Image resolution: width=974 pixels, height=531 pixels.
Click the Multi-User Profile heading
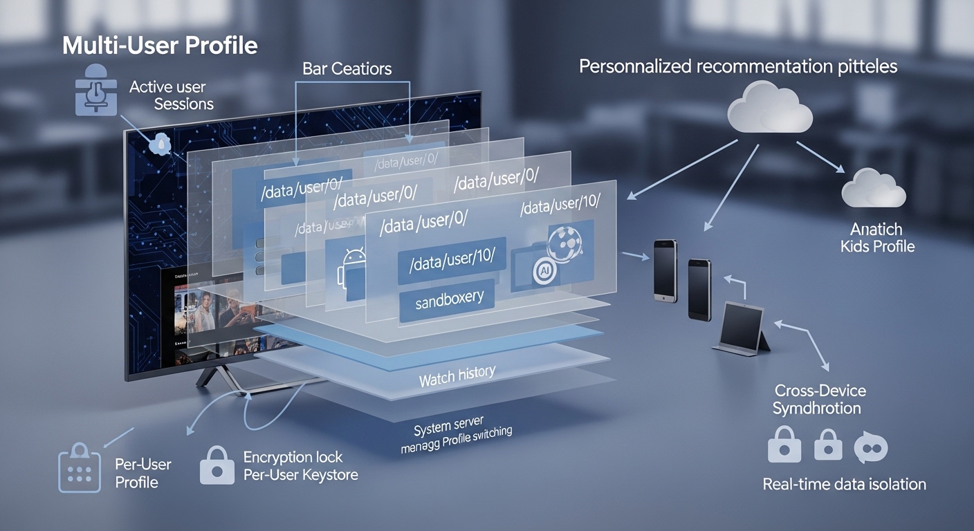(x=160, y=46)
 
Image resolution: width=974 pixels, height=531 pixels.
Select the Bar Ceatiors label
(x=347, y=68)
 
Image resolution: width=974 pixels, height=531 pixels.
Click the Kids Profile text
(x=877, y=246)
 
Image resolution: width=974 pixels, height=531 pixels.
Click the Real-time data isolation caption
(x=844, y=483)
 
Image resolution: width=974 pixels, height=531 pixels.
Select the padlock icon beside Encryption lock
(x=217, y=465)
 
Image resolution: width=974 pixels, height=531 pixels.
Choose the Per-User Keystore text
(x=300, y=475)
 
